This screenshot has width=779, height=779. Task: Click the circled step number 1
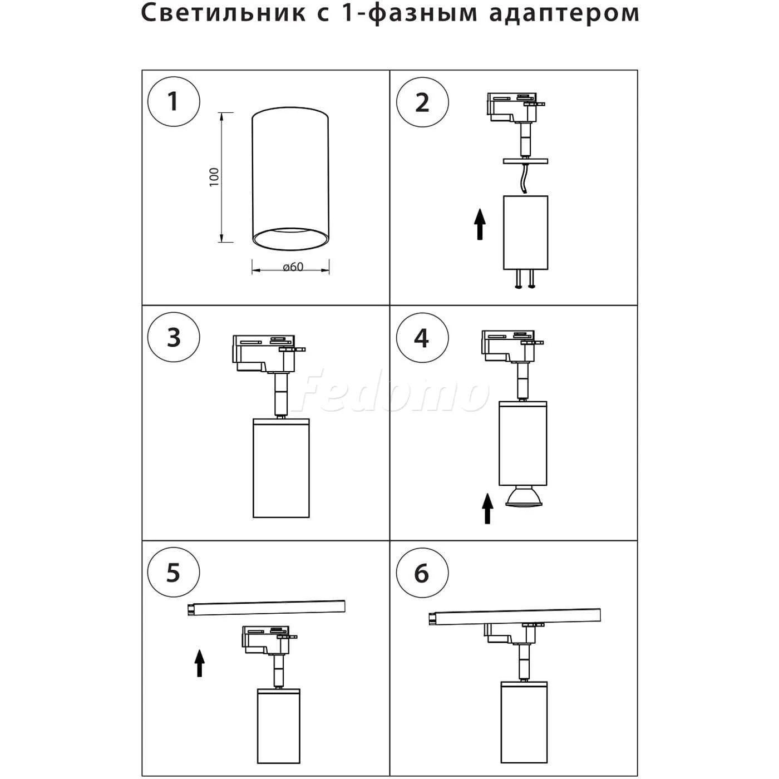pos(173,102)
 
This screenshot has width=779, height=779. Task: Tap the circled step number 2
pos(422,102)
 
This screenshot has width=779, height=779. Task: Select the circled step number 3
pos(174,338)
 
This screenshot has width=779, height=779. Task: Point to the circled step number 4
pos(422,338)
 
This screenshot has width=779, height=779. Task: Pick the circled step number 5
pos(174,573)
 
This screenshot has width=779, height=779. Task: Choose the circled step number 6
pos(422,573)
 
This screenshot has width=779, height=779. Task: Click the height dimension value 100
pos(214,177)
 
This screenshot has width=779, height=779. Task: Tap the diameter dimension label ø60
pos(293,267)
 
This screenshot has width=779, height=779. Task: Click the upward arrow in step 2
pos(480,224)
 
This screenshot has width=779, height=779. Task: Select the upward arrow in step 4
pos(487,509)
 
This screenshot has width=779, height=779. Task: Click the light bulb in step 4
pos(523,496)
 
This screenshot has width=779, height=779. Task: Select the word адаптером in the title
pos(564,13)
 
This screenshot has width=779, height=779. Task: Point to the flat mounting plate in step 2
pos(525,161)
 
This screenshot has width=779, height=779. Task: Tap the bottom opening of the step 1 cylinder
pos(290,238)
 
